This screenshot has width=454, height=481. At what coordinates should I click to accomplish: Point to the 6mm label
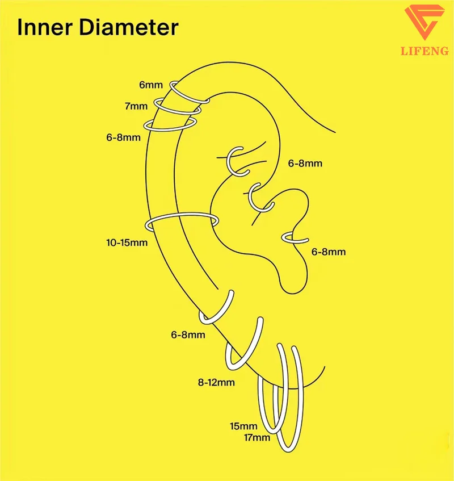tap(150, 85)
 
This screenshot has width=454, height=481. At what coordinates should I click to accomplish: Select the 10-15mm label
tap(127, 243)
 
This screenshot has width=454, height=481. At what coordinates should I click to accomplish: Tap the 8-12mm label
tap(216, 383)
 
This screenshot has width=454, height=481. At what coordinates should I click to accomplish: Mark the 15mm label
tap(243, 426)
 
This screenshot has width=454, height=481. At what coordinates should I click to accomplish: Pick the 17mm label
tap(257, 437)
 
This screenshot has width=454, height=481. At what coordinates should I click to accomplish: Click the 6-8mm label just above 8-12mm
tap(188, 335)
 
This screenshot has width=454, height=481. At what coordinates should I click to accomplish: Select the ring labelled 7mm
tap(161, 105)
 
